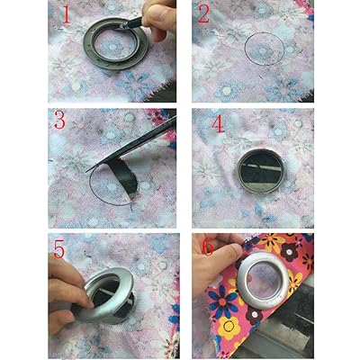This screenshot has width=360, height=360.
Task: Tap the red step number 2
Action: pyautogui.click(x=203, y=13)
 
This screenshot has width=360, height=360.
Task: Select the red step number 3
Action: pyautogui.click(x=60, y=120)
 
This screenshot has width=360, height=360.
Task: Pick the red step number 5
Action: pyautogui.click(x=59, y=248)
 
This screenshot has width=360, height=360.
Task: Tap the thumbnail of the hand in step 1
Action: pyautogui.click(x=155, y=13)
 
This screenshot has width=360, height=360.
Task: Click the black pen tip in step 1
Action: pyautogui.click(x=123, y=26)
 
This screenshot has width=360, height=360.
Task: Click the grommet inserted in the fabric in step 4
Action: pyautogui.click(x=260, y=171)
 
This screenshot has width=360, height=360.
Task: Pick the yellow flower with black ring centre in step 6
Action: pyautogui.click(x=229, y=326)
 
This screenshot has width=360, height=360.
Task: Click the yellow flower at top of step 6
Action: pyautogui.click(x=272, y=242)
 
